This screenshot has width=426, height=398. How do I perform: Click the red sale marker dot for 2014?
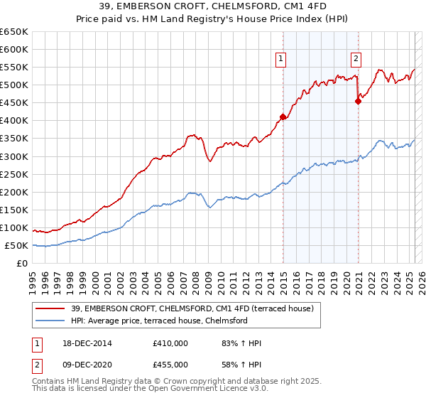pyautogui.click(x=283, y=117)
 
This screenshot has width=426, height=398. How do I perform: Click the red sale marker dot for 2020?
pyautogui.click(x=359, y=101)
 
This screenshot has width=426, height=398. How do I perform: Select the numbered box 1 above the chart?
pyautogui.click(x=282, y=59)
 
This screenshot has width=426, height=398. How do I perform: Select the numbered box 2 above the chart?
pyautogui.click(x=356, y=59)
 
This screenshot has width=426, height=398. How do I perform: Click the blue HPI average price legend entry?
pyautogui.click(x=157, y=321)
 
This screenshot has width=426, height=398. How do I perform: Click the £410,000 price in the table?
pyautogui.click(x=170, y=343)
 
